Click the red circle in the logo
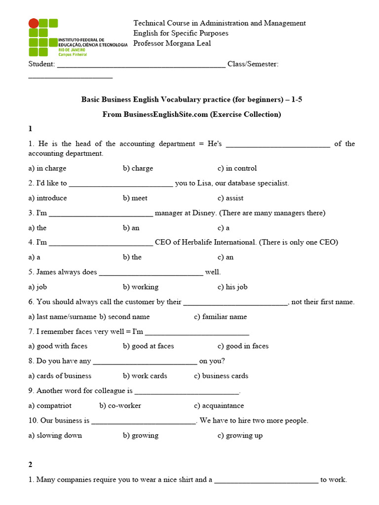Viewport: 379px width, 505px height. pos(34,23)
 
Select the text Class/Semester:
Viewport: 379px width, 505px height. pos(253,65)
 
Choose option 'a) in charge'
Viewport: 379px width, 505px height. pos(47,168)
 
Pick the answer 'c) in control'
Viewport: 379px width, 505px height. pos(237,168)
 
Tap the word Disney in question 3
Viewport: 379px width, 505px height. pos(202,213)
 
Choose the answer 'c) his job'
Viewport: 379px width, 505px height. pos(232,287)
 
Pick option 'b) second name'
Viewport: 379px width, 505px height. pos(124,317)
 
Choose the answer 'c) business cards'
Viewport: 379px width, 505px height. pos(221,376)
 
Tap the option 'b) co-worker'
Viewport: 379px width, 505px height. pos(120,405)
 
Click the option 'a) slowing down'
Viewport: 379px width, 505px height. pos(55,435)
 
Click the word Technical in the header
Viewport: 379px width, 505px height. pos(149,23)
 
